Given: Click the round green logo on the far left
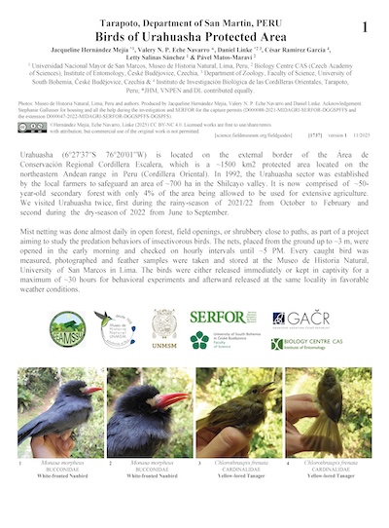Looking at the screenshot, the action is pyautogui.click(x=68, y=330).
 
